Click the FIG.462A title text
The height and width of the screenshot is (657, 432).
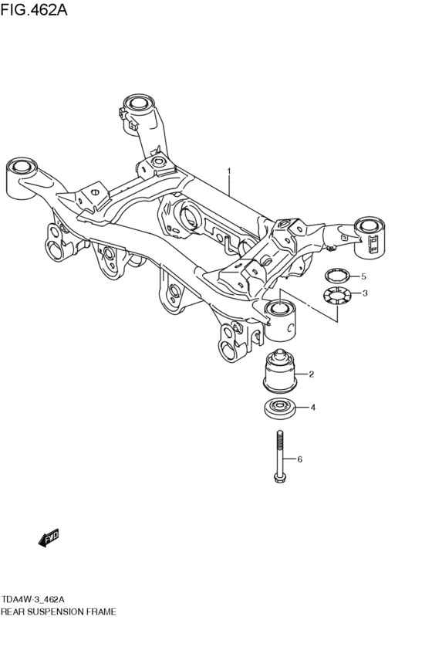(33, 9)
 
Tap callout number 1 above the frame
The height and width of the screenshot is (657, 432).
(229, 171)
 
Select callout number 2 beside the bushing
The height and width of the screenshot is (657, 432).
(311, 374)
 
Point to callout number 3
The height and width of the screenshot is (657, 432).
(365, 293)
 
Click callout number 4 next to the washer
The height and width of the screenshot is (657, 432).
(312, 408)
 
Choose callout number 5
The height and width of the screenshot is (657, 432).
(363, 276)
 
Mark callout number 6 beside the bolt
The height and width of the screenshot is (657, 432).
(299, 459)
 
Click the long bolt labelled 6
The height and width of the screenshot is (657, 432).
(278, 457)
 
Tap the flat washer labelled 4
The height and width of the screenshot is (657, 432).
(280, 408)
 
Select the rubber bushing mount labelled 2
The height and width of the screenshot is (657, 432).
(279, 371)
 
